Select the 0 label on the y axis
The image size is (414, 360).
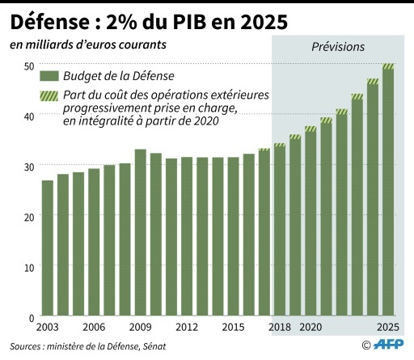[32, 317]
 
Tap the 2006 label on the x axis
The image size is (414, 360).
[94, 327]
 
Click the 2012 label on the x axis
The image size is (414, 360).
[187, 327]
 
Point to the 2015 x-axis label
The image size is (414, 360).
[234, 327]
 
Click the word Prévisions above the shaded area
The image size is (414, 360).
[338, 47]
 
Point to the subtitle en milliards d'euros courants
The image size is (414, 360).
[89, 44]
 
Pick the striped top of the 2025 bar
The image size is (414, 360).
[388, 66]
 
